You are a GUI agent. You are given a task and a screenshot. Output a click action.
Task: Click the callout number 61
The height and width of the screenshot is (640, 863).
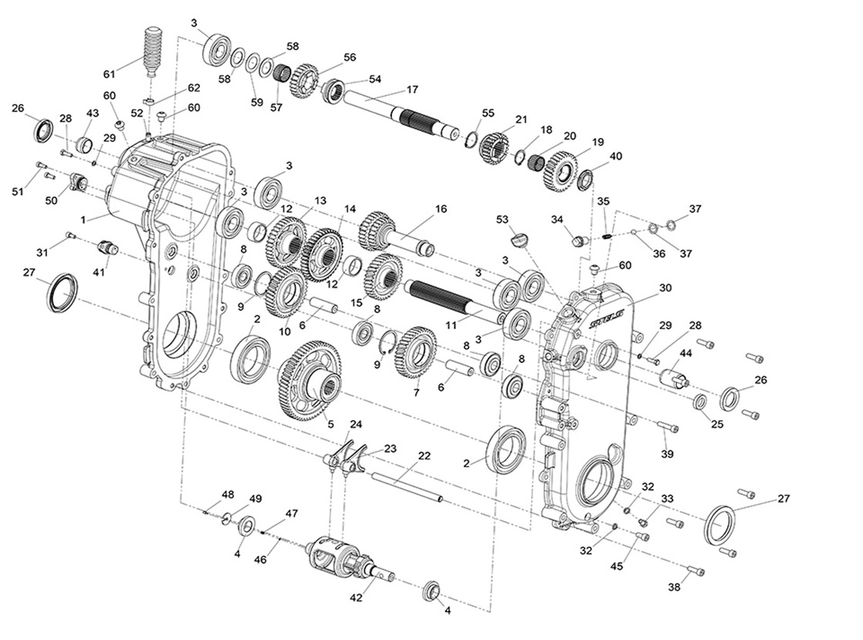[x=110, y=74]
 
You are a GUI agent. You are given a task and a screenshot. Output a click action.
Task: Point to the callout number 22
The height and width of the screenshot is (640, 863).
[x=424, y=456]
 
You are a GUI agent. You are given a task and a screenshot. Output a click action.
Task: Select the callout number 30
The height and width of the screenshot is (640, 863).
[x=665, y=288]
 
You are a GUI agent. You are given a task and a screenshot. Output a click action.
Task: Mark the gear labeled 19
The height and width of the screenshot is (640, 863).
[x=560, y=170]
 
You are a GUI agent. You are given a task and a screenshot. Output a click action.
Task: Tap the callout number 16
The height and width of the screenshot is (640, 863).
[x=441, y=209]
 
